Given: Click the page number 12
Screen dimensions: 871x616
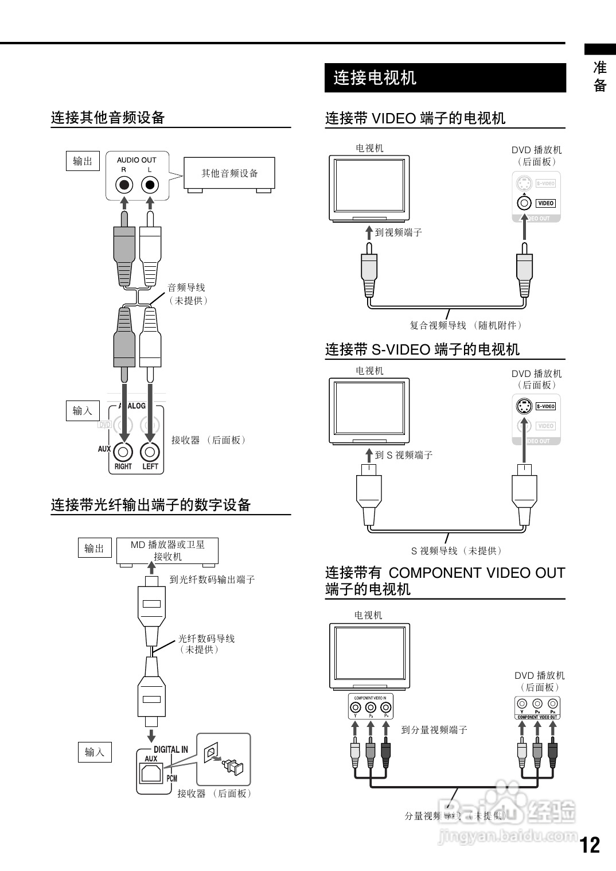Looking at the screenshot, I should coord(590,845).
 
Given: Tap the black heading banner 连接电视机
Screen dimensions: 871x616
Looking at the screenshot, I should coord(445,77).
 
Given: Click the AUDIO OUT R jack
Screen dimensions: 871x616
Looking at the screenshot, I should coord(124,185).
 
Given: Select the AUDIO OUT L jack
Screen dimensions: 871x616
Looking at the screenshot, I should coord(150,185).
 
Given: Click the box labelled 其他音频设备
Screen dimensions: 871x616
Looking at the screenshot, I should coord(229,173).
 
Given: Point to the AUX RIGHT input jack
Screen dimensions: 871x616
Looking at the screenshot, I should coord(123,452).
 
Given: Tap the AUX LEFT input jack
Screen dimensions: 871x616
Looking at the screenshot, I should coord(150,452).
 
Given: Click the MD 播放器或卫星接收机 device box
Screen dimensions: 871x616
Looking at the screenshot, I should coord(167,551).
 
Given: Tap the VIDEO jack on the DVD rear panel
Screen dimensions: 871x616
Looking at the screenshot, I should coord(523,203).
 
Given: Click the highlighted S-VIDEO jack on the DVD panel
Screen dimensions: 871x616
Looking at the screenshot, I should coord(523,406).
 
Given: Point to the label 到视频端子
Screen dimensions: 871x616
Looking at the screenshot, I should coord(398,232).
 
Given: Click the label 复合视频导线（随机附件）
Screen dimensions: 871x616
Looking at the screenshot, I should coord(466,325).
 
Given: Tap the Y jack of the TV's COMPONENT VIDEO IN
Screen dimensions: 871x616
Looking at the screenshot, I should coord(356,707).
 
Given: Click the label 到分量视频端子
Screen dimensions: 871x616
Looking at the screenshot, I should coord(434,730).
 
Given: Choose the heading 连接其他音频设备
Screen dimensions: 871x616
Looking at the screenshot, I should coord(108,118).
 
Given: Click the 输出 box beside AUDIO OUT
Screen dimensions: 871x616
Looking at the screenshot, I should coord(83,161).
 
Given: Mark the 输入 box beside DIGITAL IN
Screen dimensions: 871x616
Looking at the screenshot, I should coord(95,752).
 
